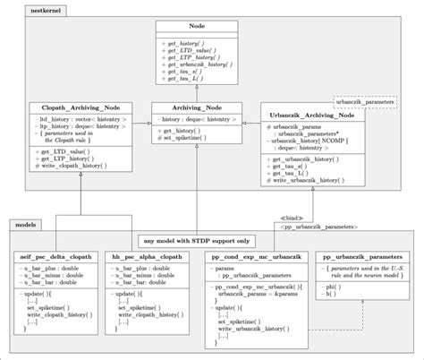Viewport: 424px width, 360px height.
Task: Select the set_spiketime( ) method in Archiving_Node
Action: pos(192,139)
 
